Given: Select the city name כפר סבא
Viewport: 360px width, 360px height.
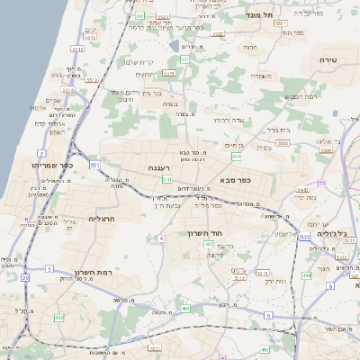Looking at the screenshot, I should tap(234, 179).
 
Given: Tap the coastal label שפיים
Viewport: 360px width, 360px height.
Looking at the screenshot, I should tap(55, 100).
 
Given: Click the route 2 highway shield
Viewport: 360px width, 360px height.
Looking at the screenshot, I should tap(42, 154).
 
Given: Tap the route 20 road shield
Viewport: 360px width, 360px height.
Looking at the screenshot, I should tap(25, 278).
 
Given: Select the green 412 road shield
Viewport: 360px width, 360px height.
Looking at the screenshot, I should tap(58, 318).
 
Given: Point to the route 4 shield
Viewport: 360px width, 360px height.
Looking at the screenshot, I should tap(160, 238).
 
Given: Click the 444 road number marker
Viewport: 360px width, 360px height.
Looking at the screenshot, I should tap(308, 275).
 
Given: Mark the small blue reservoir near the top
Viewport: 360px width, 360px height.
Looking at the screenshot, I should tap(174, 43).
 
